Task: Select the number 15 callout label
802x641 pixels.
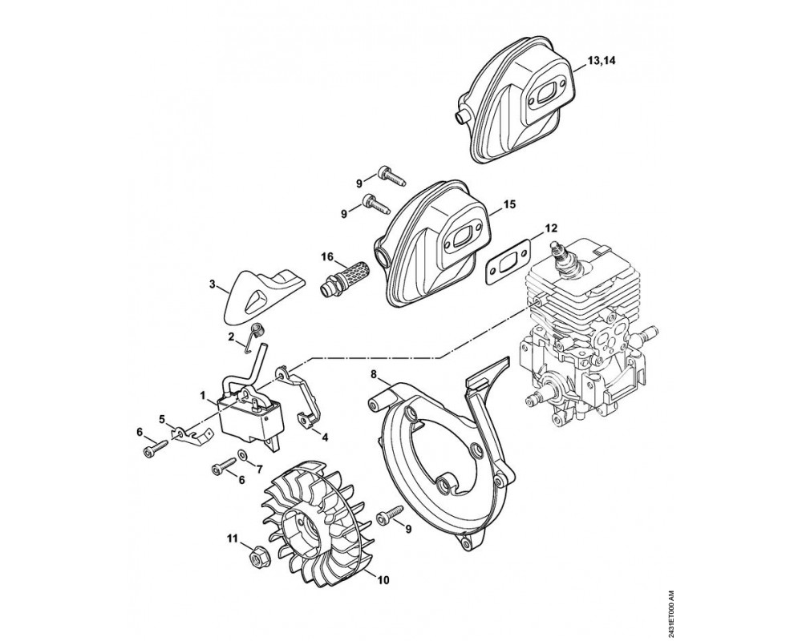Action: [x=510, y=205]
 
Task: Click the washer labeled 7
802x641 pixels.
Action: [x=242, y=457]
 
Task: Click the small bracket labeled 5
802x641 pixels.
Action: [x=190, y=433]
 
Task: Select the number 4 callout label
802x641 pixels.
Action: [x=324, y=436]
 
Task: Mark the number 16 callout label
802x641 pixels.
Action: [x=327, y=256]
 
